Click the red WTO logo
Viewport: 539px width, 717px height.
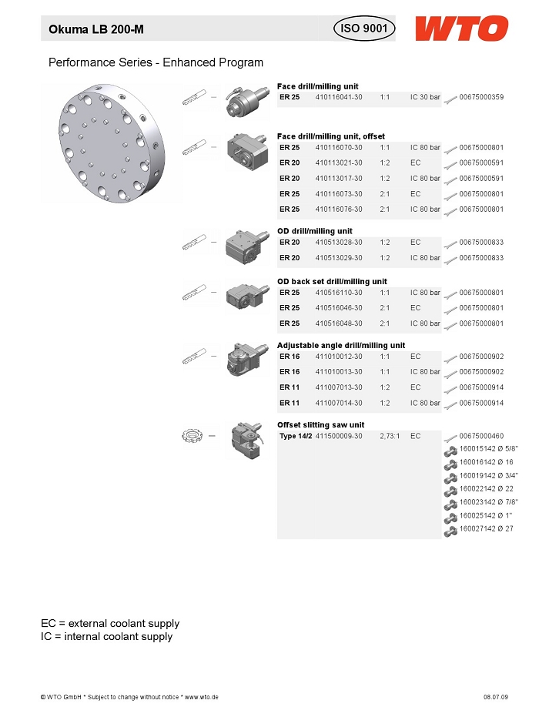pyautogui.click(x=461, y=28)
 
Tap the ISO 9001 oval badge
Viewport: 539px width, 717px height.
pyautogui.click(x=364, y=28)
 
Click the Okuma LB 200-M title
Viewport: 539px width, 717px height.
pyautogui.click(x=96, y=29)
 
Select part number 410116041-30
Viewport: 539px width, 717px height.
pyautogui.click(x=339, y=97)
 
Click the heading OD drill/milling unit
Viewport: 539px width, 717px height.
pyautogui.click(x=314, y=231)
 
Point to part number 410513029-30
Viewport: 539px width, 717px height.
pyautogui.click(x=339, y=258)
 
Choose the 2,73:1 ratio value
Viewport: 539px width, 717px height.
pyautogui.click(x=390, y=436)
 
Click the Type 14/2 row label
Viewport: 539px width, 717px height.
pyautogui.click(x=296, y=436)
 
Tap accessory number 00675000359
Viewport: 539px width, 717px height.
pyautogui.click(x=481, y=97)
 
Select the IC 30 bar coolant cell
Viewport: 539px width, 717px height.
pyautogui.click(x=425, y=97)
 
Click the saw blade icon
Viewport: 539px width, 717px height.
pyautogui.click(x=192, y=435)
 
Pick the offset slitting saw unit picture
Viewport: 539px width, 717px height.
pyautogui.click(x=247, y=441)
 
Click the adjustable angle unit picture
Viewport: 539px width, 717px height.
pyautogui.click(x=247, y=360)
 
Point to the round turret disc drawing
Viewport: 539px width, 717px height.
pyautogui.click(x=112, y=142)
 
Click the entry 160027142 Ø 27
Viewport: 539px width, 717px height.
pyautogui.click(x=487, y=528)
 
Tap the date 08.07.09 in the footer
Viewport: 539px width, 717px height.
pyautogui.click(x=496, y=697)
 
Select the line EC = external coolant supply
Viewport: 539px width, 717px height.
pyautogui.click(x=110, y=623)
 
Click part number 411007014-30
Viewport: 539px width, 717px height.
pyautogui.click(x=339, y=403)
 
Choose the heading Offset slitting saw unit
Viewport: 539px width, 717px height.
pyautogui.click(x=321, y=425)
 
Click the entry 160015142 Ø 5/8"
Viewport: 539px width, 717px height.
pyautogui.click(x=489, y=448)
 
